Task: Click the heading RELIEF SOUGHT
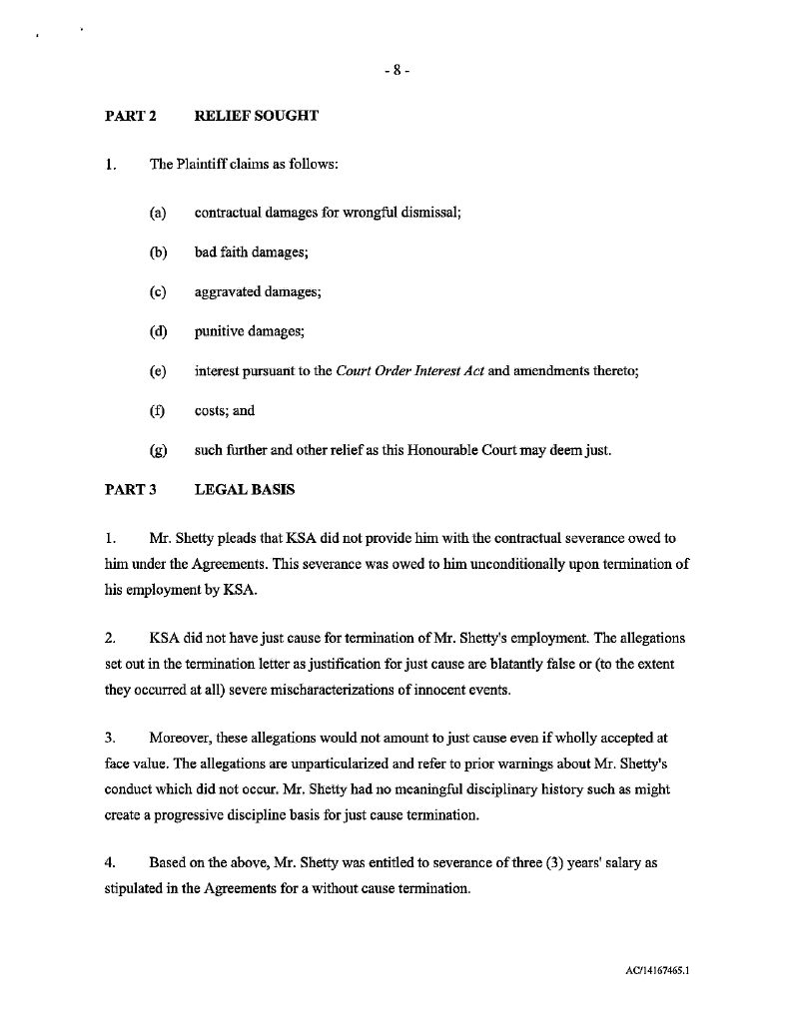click(256, 116)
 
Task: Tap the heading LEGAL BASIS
click(245, 490)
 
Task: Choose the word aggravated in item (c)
click(229, 292)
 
